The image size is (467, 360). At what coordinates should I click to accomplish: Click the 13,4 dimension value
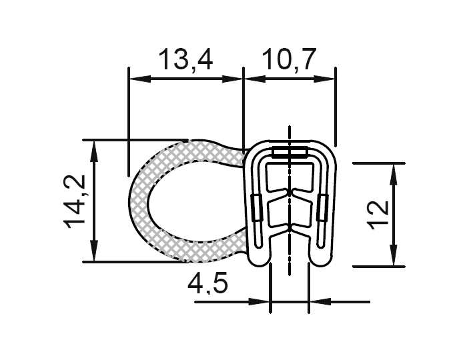coord(185,61)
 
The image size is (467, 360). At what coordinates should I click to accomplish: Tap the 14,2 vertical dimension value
coord(75,201)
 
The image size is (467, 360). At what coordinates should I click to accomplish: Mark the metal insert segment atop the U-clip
coord(290,152)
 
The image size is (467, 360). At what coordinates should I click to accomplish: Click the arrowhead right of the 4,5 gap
coord(318,302)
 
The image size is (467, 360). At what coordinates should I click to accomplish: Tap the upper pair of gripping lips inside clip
coord(290,194)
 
